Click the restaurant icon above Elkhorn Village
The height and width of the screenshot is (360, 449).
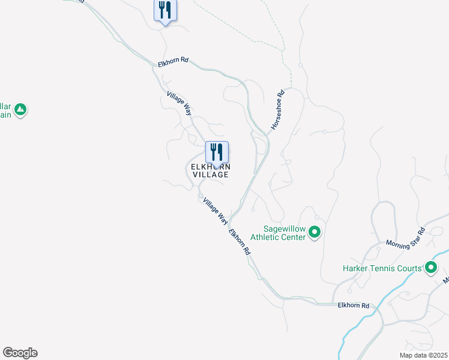click(x=217, y=153)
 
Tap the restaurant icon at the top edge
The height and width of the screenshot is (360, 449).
click(x=165, y=11)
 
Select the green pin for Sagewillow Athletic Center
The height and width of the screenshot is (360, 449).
click(x=315, y=232)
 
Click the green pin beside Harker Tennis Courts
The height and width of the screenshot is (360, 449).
click(x=430, y=268)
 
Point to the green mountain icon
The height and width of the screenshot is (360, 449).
click(x=20, y=110)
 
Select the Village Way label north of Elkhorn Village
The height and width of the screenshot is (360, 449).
click(x=179, y=103)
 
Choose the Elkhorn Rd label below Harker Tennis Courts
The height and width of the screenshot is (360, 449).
click(x=353, y=305)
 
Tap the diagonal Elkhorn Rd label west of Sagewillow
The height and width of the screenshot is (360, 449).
click(x=238, y=244)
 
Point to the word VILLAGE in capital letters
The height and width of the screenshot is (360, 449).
click(x=211, y=175)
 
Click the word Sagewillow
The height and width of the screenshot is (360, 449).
click(x=285, y=229)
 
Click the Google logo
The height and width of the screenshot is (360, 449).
click(x=20, y=353)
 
